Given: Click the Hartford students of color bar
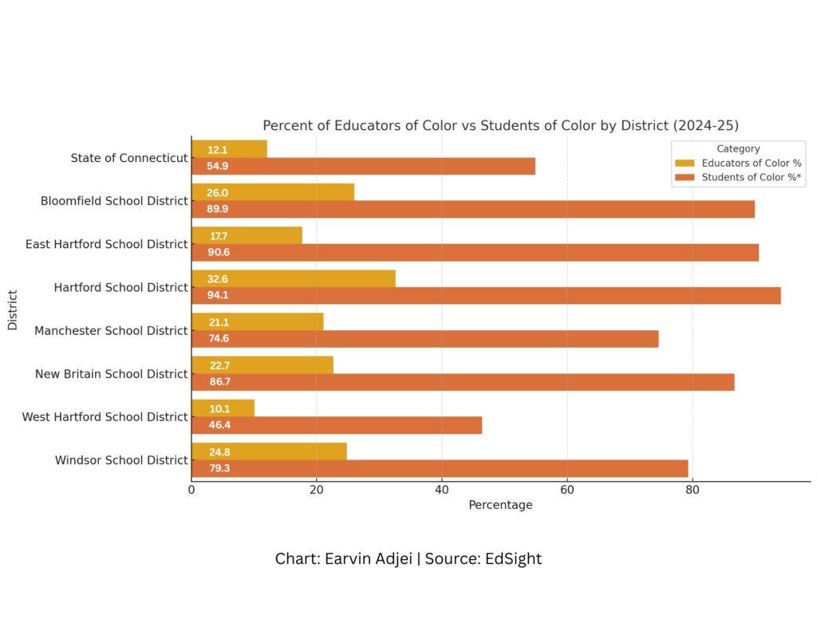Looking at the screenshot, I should point(486,295).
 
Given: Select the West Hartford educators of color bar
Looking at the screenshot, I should point(223,408).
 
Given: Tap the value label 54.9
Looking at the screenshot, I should point(219,166).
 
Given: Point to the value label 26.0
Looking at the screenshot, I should point(218,192).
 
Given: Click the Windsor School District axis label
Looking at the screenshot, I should point(121,460).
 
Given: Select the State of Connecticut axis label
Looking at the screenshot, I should point(129,158).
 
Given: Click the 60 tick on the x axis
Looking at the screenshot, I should point(567,490).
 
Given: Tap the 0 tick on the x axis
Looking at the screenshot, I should point(191,490).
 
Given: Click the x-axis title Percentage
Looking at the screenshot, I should point(500,505).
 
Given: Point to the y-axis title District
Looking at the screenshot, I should point(13,309).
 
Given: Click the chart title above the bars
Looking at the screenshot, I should point(500,126).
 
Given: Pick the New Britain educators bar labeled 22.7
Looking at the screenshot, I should point(262,365).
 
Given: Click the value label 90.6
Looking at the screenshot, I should point(219,253).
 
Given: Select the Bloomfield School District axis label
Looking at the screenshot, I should point(114,201).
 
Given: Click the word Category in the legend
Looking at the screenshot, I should point(738,148).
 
